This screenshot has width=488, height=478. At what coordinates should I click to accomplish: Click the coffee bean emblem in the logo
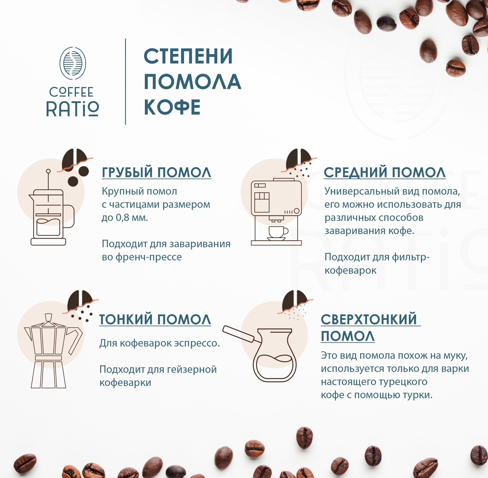click(73, 63)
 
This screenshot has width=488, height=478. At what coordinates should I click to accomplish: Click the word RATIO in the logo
click(73, 109)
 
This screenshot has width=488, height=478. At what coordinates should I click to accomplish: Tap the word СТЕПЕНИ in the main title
click(188, 56)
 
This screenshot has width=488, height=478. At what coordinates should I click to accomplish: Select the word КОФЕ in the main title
click(172, 107)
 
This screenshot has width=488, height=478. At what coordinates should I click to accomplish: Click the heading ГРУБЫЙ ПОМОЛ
click(156, 172)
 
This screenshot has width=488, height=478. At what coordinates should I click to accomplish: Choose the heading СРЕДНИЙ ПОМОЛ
click(385, 172)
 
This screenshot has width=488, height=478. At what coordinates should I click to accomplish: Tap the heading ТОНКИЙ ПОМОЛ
click(155, 320)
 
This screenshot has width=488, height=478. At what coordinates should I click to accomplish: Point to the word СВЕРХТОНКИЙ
click(369, 320)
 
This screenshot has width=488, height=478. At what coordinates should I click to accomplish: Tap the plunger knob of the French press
click(48, 171)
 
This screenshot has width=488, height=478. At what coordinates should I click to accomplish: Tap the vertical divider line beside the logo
click(125, 82)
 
